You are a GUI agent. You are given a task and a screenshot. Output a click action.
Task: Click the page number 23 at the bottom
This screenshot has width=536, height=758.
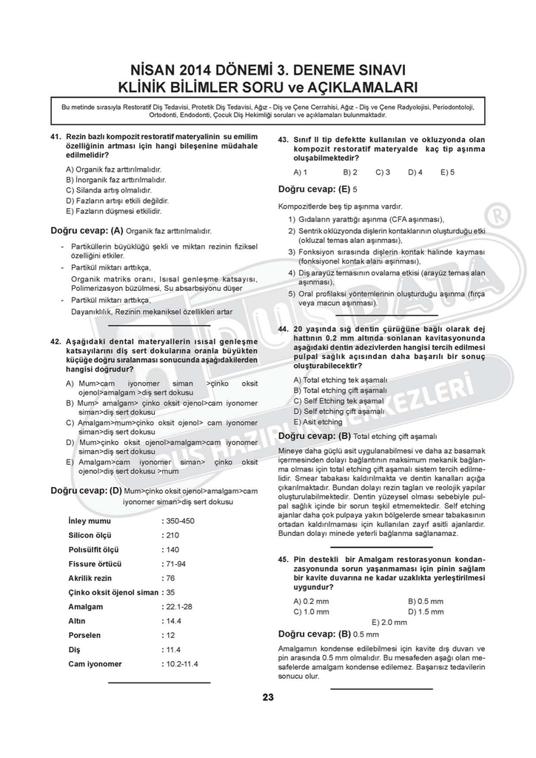[x=267, y=697]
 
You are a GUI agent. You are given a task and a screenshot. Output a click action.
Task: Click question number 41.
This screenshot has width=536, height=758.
[x=55, y=137]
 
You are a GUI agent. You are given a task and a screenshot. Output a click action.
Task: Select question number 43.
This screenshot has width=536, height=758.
[x=283, y=139]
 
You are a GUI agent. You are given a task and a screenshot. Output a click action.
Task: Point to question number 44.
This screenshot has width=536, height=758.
[x=283, y=329]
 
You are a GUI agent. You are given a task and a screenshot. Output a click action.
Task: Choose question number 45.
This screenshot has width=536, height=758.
[x=283, y=560]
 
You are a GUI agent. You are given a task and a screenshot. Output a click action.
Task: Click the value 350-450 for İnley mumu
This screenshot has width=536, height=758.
[x=180, y=521]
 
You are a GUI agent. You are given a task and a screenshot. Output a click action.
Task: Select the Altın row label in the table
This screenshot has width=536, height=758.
[x=77, y=621]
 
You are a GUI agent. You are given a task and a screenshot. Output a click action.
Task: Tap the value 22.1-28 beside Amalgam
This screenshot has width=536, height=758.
[x=179, y=606]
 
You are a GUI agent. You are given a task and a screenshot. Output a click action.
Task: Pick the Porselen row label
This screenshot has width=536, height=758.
[x=84, y=635]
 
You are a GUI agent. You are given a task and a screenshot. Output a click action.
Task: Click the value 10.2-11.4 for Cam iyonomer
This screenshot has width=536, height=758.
[x=182, y=664]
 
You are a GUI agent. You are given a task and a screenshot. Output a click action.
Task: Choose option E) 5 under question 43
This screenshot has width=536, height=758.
[x=447, y=172]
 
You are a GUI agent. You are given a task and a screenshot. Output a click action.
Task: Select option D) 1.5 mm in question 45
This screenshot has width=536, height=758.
[x=426, y=612]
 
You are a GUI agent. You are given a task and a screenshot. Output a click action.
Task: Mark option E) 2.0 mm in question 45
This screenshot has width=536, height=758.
[x=389, y=623]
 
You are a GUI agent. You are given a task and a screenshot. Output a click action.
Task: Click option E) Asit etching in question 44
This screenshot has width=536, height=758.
[x=318, y=422]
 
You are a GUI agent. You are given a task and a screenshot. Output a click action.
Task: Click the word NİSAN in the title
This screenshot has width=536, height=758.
[x=155, y=70]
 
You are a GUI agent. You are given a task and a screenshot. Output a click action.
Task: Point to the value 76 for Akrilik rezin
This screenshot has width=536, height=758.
[x=170, y=578]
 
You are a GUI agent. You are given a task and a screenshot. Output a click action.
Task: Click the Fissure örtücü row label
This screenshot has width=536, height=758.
[x=95, y=563]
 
